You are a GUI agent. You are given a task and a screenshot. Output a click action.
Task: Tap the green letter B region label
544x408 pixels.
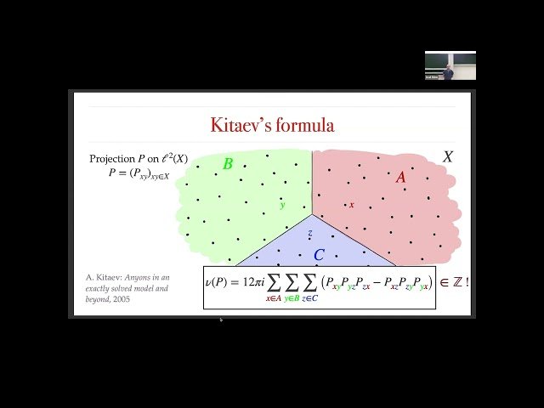[227, 164]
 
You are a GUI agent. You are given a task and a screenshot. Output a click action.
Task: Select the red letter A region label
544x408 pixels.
[401, 177]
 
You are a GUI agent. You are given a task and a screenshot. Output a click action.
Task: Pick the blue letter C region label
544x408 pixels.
[319, 255]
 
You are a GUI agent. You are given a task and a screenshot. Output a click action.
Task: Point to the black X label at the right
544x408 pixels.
[448, 157]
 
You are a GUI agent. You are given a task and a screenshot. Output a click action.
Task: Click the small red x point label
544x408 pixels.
[351, 205]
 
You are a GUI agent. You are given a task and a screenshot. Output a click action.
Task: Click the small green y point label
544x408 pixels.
[282, 205]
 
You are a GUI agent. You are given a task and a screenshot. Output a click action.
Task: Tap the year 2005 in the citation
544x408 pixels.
[120, 299]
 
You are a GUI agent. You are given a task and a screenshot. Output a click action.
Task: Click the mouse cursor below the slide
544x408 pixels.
[221, 320]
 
